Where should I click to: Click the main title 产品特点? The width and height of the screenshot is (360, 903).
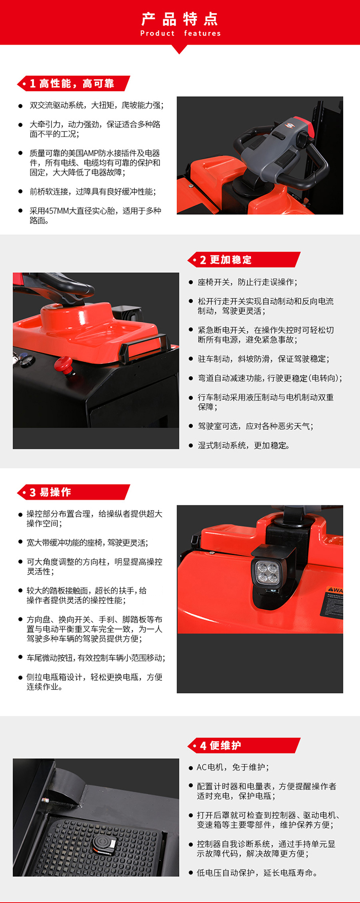point(180,19)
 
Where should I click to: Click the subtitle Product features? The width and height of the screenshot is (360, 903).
point(181,33)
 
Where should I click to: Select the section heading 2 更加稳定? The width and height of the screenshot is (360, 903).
point(226,260)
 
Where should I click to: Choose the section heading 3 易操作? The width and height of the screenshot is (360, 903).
point(50,492)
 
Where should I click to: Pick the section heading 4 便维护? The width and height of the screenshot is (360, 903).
point(221,745)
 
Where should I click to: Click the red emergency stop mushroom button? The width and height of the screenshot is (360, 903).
point(64,363)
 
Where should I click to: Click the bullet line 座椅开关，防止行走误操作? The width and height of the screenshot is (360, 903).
point(247,282)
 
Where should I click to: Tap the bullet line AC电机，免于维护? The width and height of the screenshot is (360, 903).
point(233,767)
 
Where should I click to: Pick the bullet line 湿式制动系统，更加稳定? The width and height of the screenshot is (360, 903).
point(244,445)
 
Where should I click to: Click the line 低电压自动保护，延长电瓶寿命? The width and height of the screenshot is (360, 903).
point(258,873)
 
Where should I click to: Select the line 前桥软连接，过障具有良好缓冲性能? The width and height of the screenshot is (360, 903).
point(93,192)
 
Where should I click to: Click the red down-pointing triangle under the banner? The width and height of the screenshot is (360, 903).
point(179,49)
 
